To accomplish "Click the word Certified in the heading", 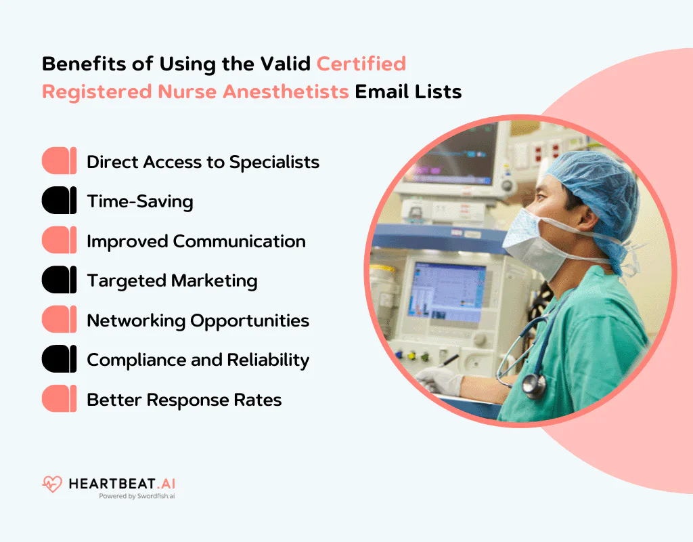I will pos(361,64).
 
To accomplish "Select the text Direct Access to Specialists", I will pos(203,162).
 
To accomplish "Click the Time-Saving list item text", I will pos(140,201).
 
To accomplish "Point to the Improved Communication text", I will pos(196,241).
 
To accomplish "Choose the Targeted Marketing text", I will pos(172,280).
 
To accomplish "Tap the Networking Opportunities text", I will pos(198,320).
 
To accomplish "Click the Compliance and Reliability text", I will pos(198,360).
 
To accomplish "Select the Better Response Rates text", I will pos(184,400).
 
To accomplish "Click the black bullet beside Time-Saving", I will pos(59,201).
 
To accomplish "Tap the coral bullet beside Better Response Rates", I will pos(59,399).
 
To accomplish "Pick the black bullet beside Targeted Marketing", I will pos(59,280).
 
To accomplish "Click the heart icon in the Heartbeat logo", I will pos(51,484).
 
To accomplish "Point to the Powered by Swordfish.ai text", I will pos(137,497).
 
